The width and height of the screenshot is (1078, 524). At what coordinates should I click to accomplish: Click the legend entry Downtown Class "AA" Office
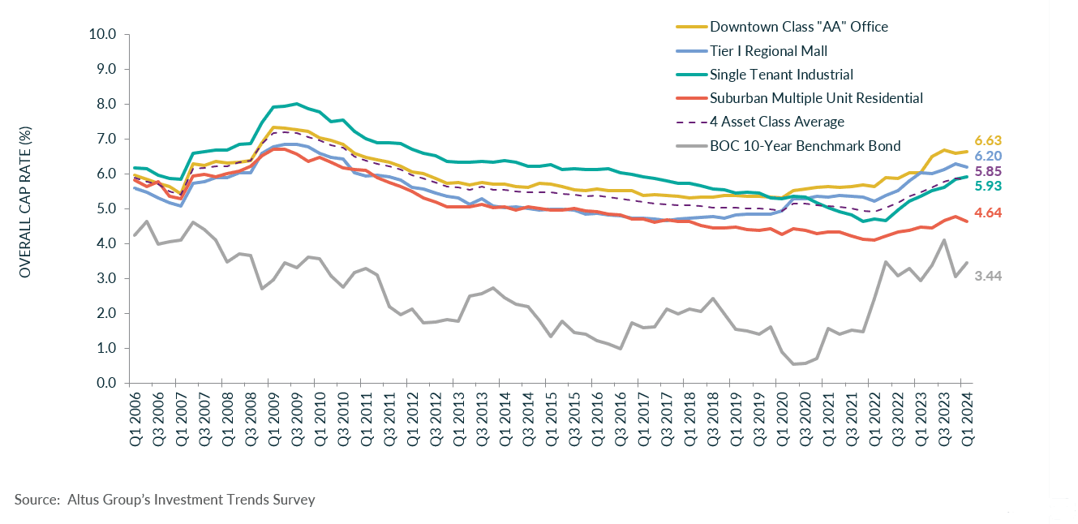click(x=798, y=27)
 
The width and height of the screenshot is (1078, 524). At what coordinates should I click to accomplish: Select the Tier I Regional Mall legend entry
click(x=768, y=51)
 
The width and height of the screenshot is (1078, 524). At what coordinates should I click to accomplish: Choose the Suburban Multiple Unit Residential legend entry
click(x=816, y=98)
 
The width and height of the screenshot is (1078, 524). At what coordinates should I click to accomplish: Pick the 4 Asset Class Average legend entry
click(x=776, y=122)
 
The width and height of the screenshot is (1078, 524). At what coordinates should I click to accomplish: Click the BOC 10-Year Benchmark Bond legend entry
click(x=805, y=146)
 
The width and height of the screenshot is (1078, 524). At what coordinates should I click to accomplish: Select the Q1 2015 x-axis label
click(x=551, y=414)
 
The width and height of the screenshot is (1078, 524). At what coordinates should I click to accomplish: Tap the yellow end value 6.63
click(x=987, y=141)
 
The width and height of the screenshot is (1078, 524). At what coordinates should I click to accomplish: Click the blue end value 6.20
click(x=987, y=156)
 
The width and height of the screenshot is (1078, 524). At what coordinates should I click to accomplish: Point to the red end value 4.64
click(x=987, y=213)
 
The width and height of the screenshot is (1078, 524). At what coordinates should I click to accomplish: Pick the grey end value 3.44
click(x=987, y=277)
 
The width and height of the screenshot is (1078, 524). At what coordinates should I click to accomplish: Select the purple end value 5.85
click(x=987, y=172)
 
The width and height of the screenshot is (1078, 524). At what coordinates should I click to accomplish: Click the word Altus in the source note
click(x=85, y=500)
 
